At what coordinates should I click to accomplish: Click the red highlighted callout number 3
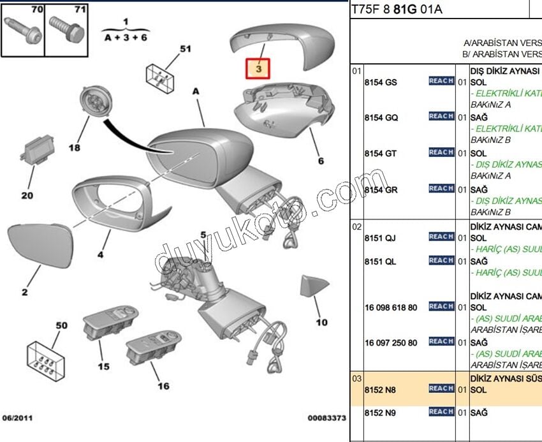coord(259,68)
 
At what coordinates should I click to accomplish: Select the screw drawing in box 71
coord(67,28)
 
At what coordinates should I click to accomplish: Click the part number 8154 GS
coord(381,82)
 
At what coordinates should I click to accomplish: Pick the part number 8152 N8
coord(380,389)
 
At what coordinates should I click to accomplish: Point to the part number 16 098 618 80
coord(391,307)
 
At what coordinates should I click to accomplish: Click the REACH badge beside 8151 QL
coord(441,261)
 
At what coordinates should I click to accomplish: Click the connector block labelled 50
coord(45,361)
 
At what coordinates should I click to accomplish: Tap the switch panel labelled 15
coord(108,325)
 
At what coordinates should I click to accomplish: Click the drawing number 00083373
coord(326,419)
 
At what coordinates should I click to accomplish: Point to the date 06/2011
coord(18,419)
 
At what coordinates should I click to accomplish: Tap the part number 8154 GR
coord(381,189)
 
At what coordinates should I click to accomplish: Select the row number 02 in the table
coord(357,226)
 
